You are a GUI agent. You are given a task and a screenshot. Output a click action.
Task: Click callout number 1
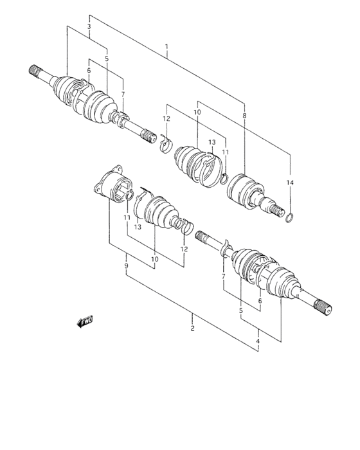pos(166,47)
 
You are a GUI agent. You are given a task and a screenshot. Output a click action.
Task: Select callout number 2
pos(192,328)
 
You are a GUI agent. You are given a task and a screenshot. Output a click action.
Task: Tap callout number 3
pos(89,26)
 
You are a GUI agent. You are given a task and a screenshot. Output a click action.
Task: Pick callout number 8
pos(244,115)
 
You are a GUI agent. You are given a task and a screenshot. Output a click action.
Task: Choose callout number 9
pos(127,265)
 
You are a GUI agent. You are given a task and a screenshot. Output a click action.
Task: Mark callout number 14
pos(290,183)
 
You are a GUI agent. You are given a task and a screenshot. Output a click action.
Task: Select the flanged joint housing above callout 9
pos(111,188)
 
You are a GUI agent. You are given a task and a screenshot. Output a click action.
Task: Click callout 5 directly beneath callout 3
pos(107,59)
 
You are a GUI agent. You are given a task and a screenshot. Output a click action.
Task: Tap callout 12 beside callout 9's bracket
pos(184,249)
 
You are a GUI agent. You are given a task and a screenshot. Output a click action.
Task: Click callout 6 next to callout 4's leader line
pos(260,300)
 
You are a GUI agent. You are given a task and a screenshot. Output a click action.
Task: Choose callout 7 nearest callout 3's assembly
pos(122,94)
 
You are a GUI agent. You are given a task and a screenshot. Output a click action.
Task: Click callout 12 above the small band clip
pos(166,118)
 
